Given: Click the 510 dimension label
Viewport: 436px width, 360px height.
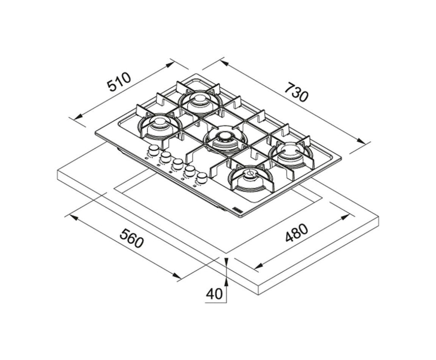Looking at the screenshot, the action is [119, 82].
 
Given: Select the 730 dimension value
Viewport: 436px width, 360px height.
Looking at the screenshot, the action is [296, 91].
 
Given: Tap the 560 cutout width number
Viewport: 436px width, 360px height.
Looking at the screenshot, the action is [132, 238].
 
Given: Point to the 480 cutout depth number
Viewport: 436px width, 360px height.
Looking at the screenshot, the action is [297, 233].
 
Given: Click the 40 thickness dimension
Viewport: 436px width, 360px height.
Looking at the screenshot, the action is [214, 294].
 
